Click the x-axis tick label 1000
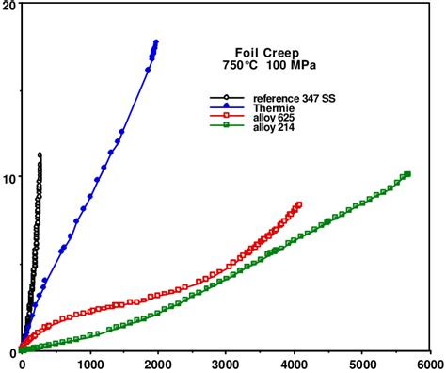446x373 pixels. pos(90,364)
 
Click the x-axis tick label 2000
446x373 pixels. pos(158,364)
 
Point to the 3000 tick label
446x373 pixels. pos(226,364)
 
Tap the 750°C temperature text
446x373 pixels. pos(239,68)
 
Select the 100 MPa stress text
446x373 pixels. pos(289,68)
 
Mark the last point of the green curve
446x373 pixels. pos(407,174)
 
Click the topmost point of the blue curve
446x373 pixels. pos(156,41)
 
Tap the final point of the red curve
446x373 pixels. pos(299,203)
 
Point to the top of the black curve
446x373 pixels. pos(40,154)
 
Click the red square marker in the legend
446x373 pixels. pos(226,119)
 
